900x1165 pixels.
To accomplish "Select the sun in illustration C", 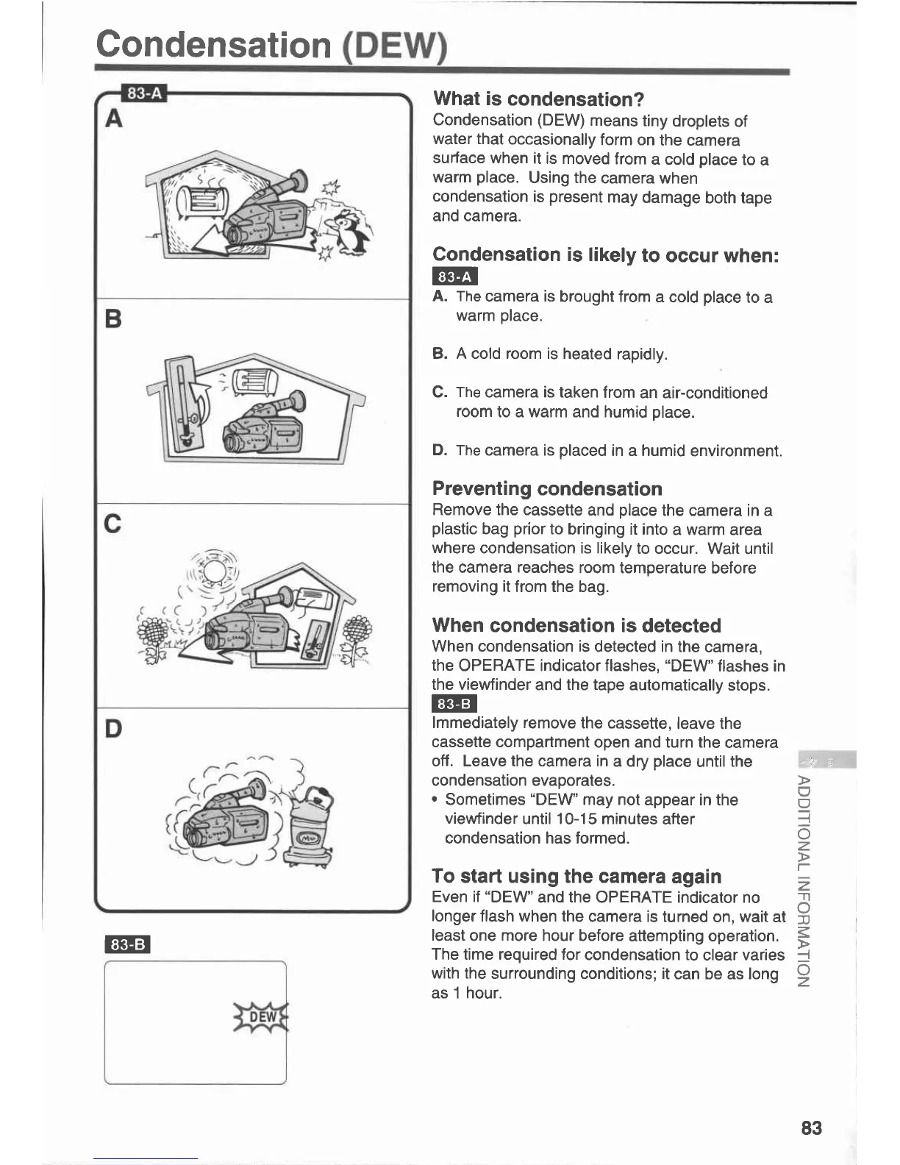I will (x=215, y=570).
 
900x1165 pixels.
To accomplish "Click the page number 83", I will (x=811, y=1127).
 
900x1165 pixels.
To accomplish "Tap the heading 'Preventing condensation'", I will (x=547, y=489).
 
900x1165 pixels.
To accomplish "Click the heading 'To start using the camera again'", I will (x=576, y=877).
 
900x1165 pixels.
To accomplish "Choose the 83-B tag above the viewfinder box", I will (x=128, y=944).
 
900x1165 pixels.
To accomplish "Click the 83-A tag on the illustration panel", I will (x=144, y=93).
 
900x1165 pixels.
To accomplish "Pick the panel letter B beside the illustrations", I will (x=113, y=319).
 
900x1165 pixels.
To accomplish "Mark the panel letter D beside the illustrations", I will (x=113, y=729).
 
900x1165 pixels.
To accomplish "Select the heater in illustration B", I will (x=254, y=382).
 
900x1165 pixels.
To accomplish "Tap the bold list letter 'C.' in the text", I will (x=440, y=393).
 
